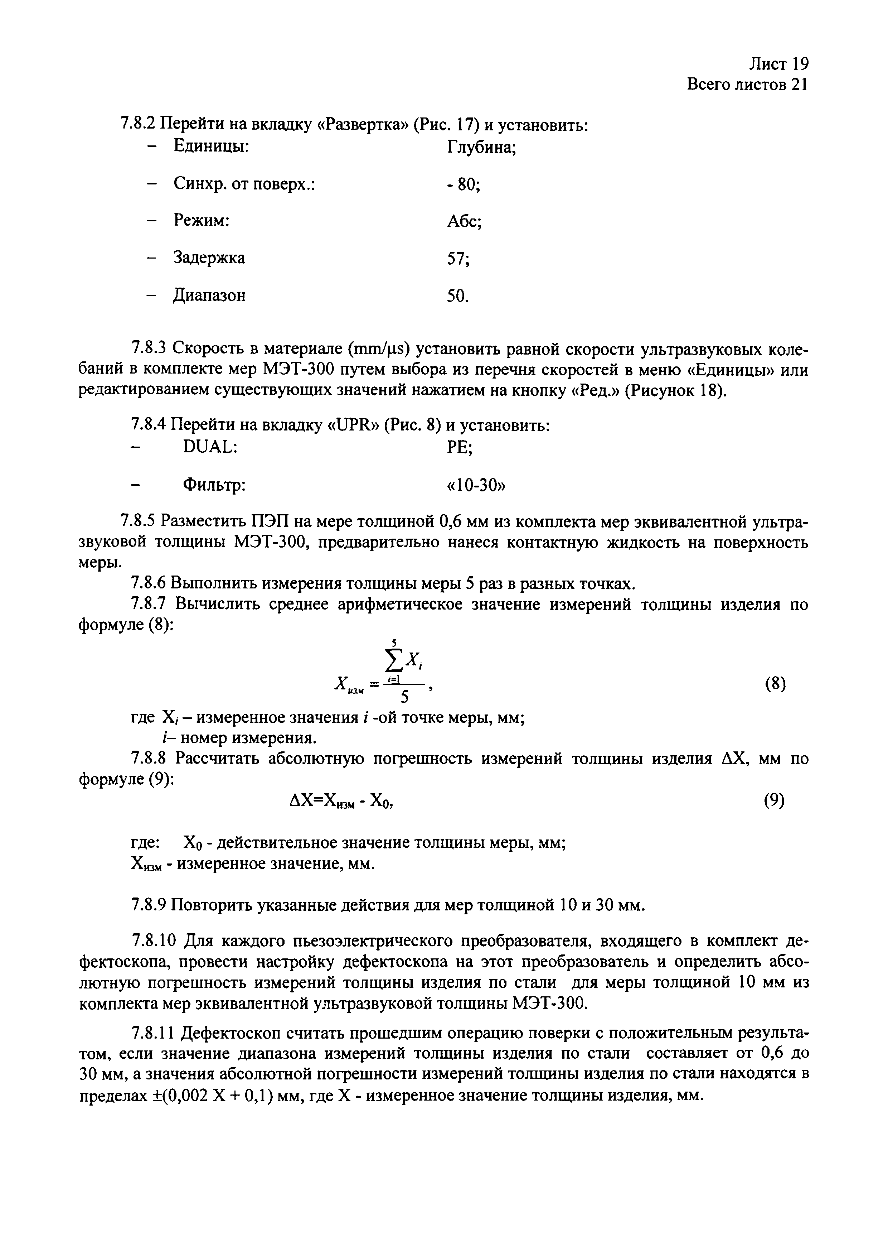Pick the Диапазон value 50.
tap(458, 296)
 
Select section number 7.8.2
tap(138, 125)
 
